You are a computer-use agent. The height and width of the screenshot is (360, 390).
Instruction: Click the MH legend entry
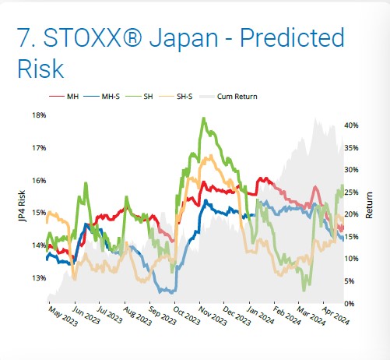tap(64, 97)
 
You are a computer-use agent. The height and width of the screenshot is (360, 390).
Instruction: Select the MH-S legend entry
tap(101, 97)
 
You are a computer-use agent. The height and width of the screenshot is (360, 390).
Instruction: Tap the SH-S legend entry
tap(176, 97)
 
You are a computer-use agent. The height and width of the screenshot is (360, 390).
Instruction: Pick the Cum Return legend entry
tap(228, 97)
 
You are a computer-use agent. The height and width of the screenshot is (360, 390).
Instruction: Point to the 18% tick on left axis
tap(39, 115)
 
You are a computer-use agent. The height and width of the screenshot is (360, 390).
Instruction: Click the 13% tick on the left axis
tap(39, 278)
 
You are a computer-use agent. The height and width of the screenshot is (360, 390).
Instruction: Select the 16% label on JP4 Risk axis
tap(39, 181)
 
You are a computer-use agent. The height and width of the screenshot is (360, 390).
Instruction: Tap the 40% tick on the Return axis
tap(351, 125)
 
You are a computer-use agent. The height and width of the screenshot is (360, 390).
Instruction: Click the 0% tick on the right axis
tap(350, 303)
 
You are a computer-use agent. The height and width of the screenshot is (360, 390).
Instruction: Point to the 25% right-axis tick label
tap(351, 192)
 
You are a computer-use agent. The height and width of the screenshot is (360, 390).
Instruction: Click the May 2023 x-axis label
tap(63, 316)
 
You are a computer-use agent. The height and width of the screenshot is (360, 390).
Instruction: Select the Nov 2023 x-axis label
tap(213, 316)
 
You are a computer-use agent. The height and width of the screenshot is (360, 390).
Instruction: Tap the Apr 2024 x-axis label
tap(336, 316)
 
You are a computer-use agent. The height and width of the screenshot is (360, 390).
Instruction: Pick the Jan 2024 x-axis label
tap(260, 316)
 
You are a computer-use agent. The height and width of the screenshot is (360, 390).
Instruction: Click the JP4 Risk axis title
tap(22, 206)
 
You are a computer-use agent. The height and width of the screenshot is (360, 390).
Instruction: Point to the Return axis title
tap(369, 205)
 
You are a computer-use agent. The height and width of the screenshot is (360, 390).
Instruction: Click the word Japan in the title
tap(184, 39)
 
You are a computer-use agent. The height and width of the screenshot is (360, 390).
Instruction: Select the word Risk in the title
tap(40, 69)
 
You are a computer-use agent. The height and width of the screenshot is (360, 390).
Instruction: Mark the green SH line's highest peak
tap(204, 118)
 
